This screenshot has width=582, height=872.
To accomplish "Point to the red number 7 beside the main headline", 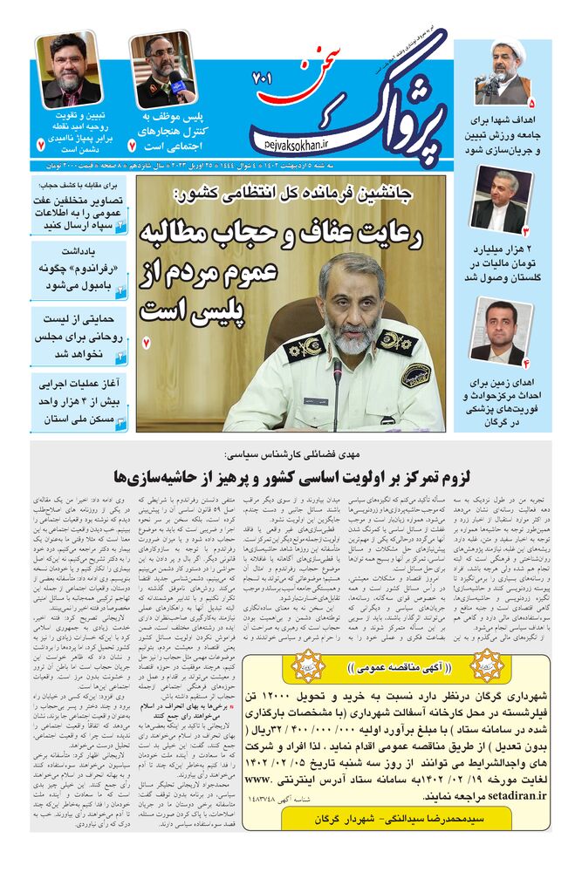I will tap(147, 343).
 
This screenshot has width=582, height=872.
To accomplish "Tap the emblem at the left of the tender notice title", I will tap(308, 665).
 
